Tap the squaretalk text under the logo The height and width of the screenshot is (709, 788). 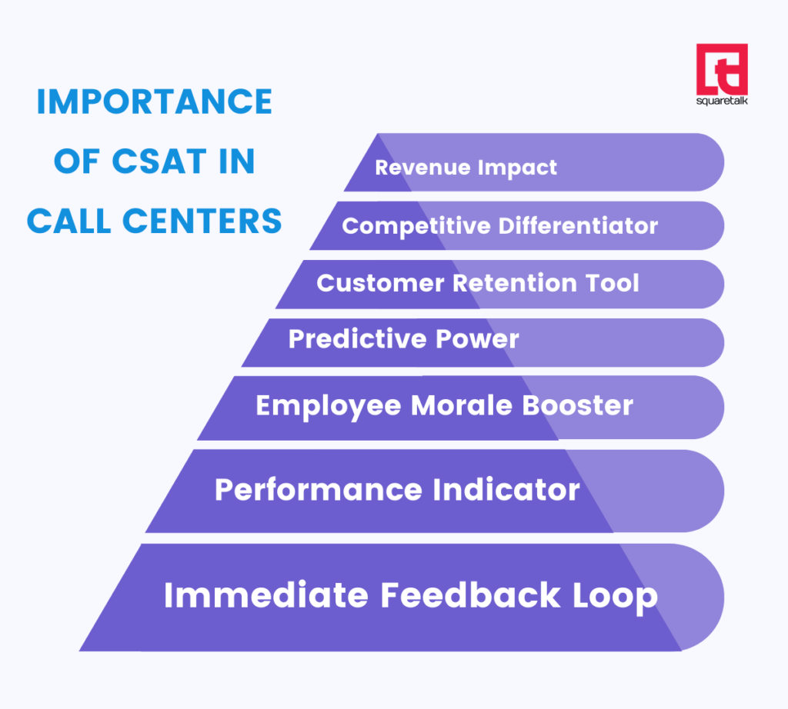[x=721, y=101]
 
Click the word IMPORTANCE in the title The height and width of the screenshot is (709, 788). [x=154, y=102]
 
